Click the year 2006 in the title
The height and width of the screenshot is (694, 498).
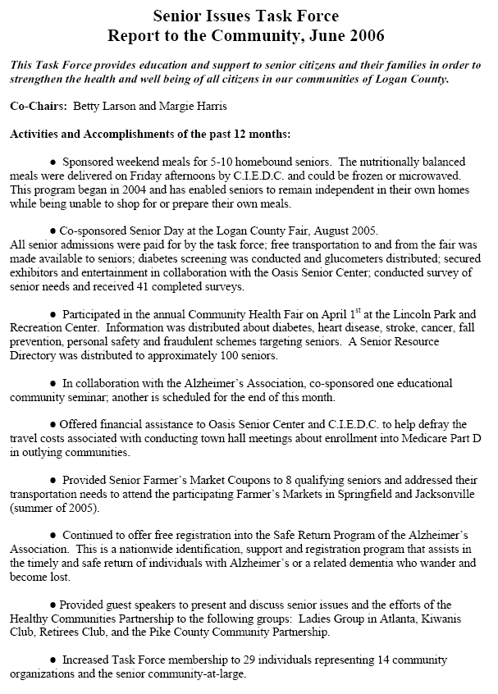(365, 36)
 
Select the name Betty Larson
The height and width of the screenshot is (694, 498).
(103, 107)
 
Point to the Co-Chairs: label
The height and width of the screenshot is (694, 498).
(38, 107)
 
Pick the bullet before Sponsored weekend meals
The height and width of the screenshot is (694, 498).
(53, 162)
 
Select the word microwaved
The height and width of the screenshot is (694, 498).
(436, 175)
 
